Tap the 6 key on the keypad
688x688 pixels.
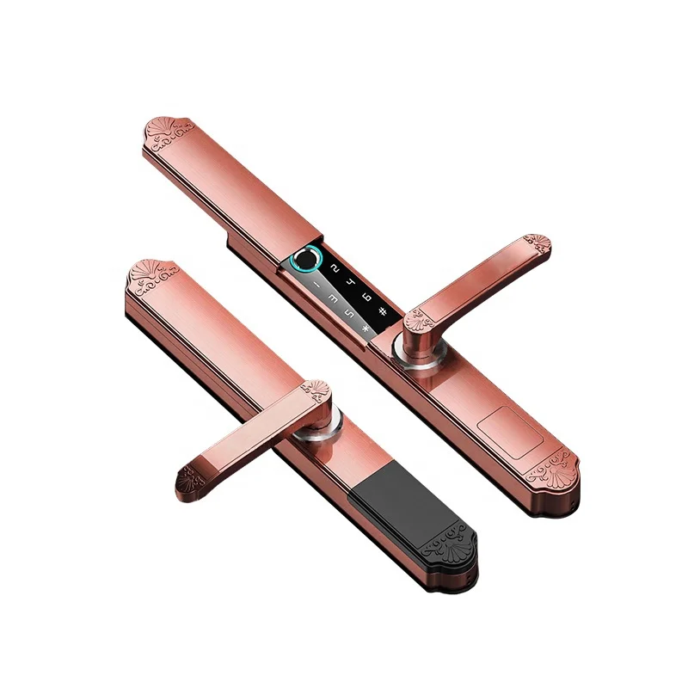[366, 298]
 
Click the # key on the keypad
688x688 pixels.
[384, 313]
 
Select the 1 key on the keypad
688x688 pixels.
[317, 283]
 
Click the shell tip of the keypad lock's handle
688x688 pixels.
[538, 243]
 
